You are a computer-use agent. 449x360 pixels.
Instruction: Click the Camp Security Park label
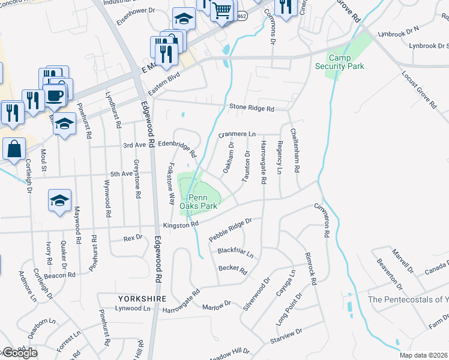(x=340, y=62)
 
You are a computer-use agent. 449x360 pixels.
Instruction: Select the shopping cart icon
(x=222, y=10)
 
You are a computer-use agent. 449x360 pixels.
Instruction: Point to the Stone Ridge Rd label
(x=252, y=109)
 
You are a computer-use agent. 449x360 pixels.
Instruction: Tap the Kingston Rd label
(x=181, y=224)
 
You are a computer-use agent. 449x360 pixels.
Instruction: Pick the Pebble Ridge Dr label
(x=229, y=230)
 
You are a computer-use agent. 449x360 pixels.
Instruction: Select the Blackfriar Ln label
(x=235, y=253)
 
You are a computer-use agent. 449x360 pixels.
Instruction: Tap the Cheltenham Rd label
(x=294, y=150)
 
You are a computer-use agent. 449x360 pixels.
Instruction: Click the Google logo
(x=19, y=353)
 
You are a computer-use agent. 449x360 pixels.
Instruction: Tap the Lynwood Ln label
(x=133, y=308)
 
